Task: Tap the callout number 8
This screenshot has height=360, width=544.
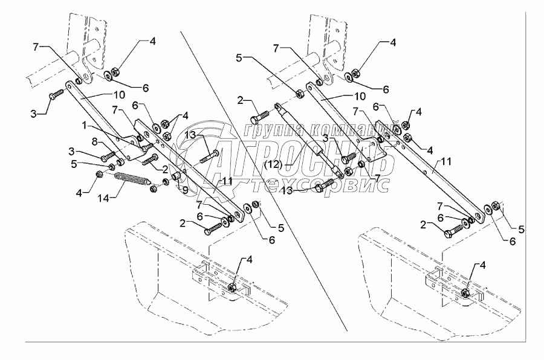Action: coord(94,141)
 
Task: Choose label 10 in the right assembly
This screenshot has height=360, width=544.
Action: coord(360,96)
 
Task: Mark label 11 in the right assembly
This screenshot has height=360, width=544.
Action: coord(446,161)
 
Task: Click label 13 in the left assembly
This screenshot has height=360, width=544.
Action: coord(190,134)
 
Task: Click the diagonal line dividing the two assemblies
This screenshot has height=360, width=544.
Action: coord(264,181)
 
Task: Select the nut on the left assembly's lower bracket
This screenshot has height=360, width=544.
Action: coord(232,287)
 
